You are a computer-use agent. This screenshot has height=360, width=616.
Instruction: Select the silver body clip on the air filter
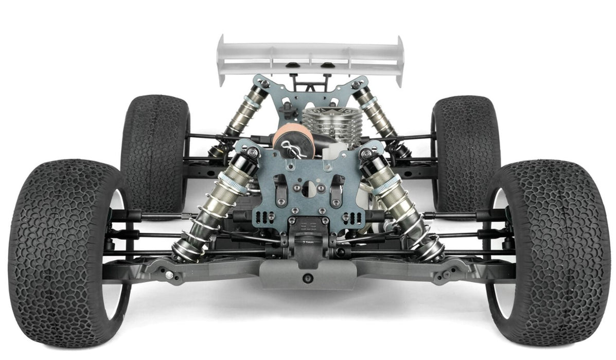point(290,150)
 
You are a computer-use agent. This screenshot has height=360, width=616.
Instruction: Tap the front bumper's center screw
point(308,278)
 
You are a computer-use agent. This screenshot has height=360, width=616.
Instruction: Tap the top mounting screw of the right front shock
point(366,153)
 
